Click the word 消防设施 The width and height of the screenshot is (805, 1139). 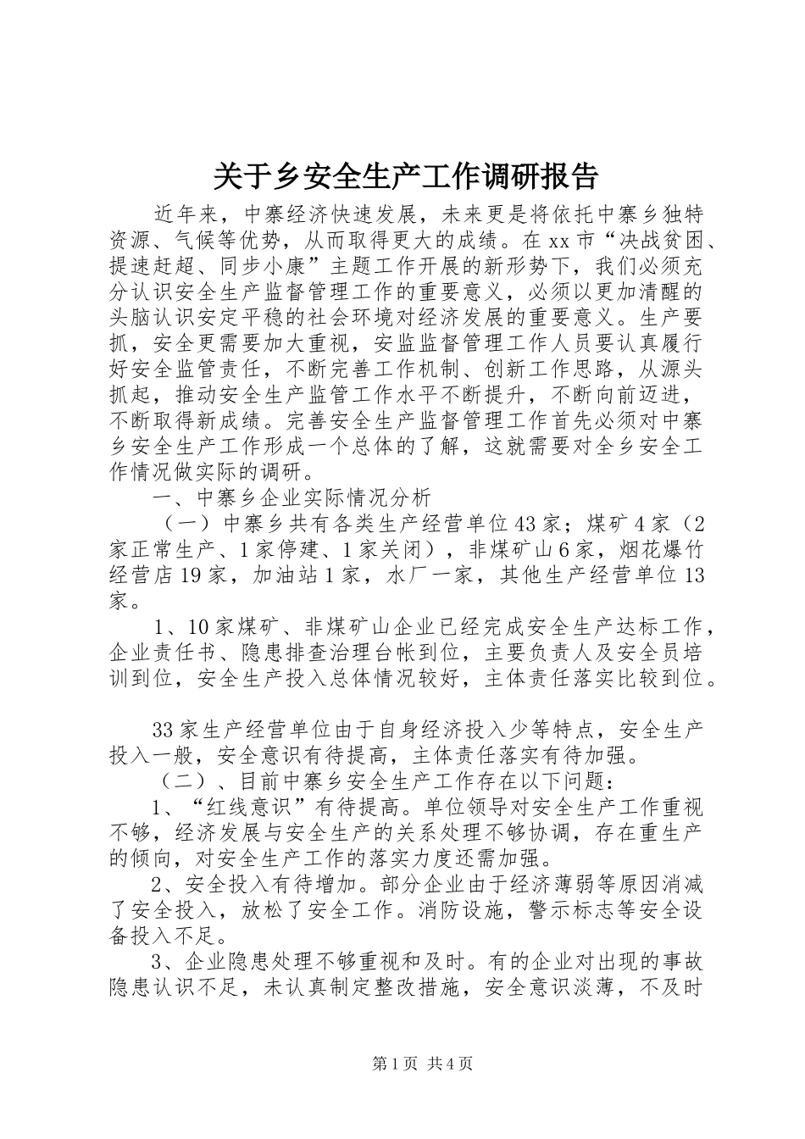point(493,909)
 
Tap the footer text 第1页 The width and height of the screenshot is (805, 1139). point(375,1064)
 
